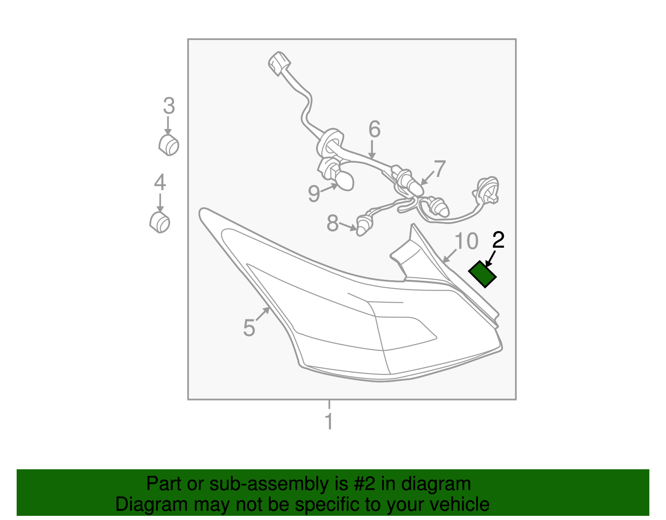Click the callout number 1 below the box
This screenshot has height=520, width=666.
pos(329,421)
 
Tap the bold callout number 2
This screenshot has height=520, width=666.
pos(498,240)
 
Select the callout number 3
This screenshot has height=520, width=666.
pos(169,105)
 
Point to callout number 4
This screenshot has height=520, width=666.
pos(160,182)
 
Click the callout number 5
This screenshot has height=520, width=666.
pos(249,328)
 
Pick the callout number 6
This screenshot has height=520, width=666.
pos(375,129)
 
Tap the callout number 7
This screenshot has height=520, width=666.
pos(440,169)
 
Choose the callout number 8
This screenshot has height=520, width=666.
pos(333,223)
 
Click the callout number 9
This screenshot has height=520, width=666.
pos(314,194)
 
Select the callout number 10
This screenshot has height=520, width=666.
pos(466,241)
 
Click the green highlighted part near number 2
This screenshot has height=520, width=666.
pos(482,274)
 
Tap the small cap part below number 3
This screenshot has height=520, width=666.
pos(169,145)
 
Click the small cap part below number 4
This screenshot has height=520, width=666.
pos(160,222)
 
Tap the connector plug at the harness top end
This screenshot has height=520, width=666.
pos(279,63)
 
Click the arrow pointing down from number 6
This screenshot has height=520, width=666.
pos(372,149)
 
